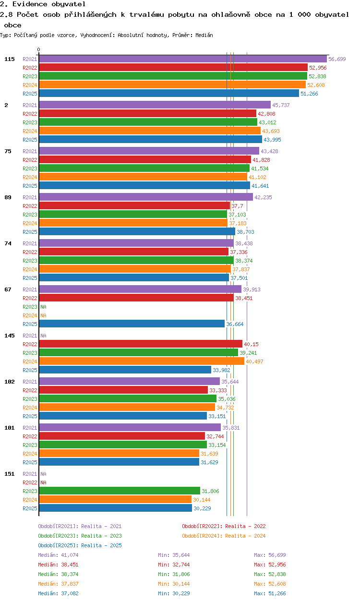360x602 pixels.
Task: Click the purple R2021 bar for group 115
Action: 183,59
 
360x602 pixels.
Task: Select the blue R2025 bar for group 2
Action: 150,140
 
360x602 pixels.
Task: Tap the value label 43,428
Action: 269,151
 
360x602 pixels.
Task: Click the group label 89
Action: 8,197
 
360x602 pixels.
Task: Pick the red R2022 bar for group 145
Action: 141,344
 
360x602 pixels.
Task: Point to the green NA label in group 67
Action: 43,307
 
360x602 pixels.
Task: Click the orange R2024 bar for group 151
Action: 115,500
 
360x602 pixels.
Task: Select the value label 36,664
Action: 235,324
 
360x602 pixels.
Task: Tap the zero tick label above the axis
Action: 39,49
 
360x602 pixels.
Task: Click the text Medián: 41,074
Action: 58,555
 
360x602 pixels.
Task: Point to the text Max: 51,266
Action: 270,593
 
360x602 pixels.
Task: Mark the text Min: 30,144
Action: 174,584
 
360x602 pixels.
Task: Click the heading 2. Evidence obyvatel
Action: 43,4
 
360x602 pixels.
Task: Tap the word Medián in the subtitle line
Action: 204,35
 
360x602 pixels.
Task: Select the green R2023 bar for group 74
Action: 136,260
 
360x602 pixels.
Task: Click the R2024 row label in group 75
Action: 30,177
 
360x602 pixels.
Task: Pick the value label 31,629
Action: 210,462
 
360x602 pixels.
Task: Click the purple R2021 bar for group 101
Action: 130,427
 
